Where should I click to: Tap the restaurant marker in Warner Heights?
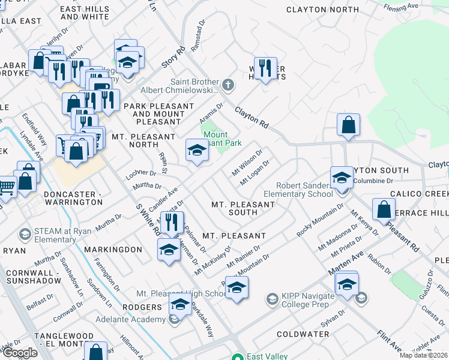click(x=265, y=67)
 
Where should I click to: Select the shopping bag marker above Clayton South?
click(x=348, y=125)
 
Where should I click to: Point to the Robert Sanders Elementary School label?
click(x=304, y=190)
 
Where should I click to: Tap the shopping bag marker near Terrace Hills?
click(x=384, y=209)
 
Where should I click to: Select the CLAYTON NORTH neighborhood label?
click(x=322, y=10)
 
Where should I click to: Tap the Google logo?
click(x=20, y=352)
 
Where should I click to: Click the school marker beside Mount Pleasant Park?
click(x=196, y=151)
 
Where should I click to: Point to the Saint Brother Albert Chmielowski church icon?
click(x=228, y=83)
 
